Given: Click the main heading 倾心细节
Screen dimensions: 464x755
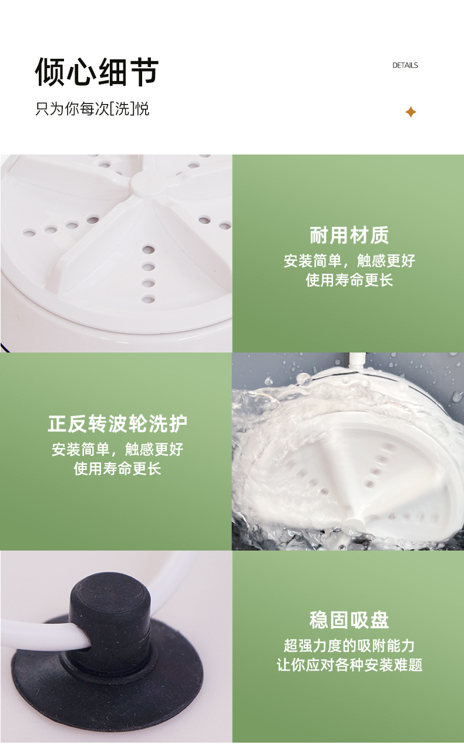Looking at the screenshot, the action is pos(97,72).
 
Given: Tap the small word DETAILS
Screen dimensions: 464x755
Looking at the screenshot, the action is pos(405,65).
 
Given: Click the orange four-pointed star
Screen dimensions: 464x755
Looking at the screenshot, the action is pos(411,112).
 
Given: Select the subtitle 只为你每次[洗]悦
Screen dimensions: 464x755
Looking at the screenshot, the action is pos(92,109).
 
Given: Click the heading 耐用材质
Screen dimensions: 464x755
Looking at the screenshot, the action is pos(349,235).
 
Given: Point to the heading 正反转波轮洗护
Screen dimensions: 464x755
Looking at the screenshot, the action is pos(117,424).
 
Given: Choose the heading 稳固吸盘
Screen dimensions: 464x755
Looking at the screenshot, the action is pos(349,619).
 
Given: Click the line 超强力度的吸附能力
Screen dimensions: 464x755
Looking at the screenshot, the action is pos(349,646).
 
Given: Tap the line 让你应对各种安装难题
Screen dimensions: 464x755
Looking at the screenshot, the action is pos(349,665).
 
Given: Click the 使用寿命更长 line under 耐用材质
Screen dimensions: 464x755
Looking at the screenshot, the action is pos(349,280).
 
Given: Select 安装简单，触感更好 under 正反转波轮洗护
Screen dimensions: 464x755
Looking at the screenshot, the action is pos(117,449).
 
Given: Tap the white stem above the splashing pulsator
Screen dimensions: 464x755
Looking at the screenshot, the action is pos(358,361).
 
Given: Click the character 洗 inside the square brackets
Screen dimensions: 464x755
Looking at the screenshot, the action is pos(122,109).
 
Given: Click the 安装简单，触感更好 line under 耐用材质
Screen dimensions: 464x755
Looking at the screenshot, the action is pos(349,261).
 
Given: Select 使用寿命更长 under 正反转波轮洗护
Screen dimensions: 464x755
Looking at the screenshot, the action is pos(117,468).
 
